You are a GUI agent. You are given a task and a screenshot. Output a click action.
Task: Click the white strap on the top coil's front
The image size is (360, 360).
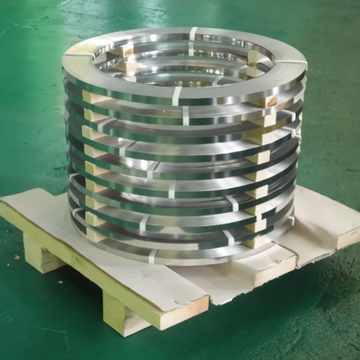click(177, 96)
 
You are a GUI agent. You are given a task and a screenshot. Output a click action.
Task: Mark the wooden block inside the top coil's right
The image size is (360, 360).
click(255, 58)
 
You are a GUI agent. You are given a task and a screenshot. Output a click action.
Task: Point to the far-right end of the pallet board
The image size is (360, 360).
click(347, 235)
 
